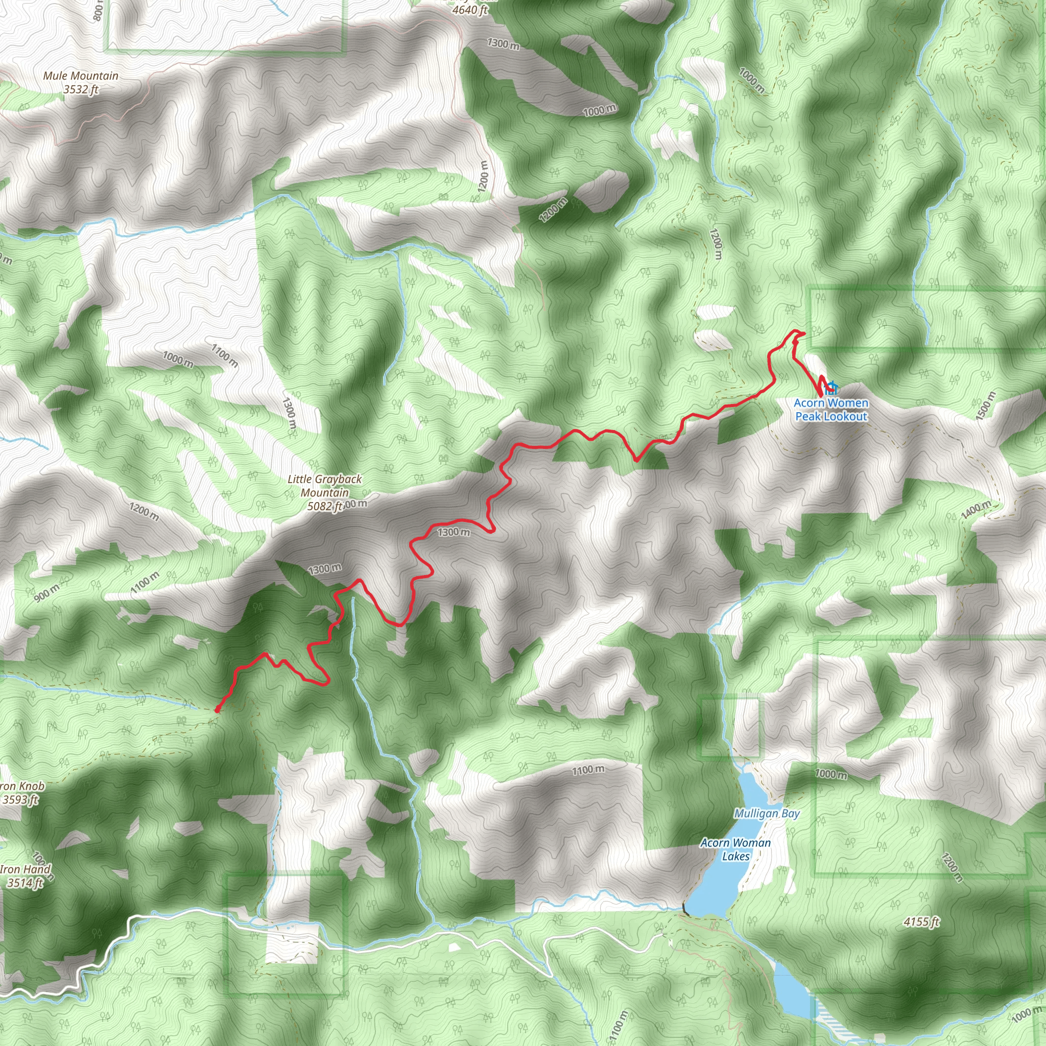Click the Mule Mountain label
(x=81, y=76)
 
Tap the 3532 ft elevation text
(x=81, y=89)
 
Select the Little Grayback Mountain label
(x=324, y=486)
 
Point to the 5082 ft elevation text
(x=324, y=506)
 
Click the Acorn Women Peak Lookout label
(x=831, y=409)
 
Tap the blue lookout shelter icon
(x=831, y=388)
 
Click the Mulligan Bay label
(x=767, y=813)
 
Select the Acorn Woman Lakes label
(x=735, y=849)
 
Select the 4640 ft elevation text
(x=469, y=10)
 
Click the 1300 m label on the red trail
(x=454, y=532)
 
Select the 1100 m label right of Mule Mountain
(x=224, y=355)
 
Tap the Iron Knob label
(x=22, y=786)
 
